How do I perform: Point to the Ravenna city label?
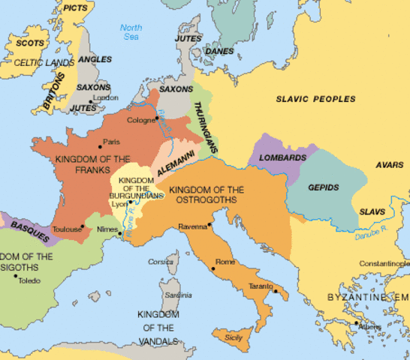pos(191,225)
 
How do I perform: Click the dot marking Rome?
pos(213,268)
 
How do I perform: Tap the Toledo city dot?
pos(16,275)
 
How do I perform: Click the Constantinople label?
pos(384,264)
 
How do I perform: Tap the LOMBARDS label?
pos(284,158)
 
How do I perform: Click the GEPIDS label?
pos(323,187)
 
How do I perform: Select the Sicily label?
pos(234,337)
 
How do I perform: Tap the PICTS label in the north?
pos(74,7)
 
